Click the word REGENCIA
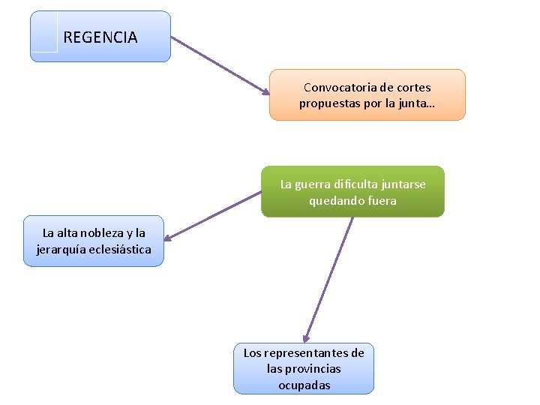100,37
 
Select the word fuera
382,200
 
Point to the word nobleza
103,233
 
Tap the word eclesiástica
122,249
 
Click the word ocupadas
304,385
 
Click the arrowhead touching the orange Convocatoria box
265,91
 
